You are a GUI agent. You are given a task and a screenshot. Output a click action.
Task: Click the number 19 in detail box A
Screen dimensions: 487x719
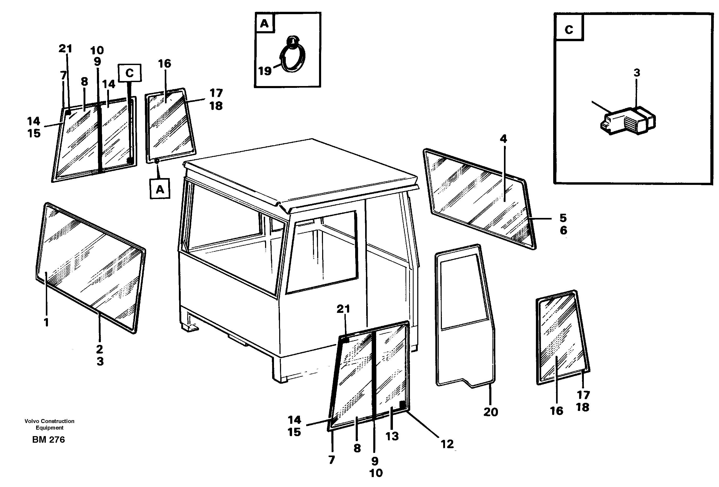[265, 71]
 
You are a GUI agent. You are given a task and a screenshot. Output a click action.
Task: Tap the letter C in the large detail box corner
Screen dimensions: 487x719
[569, 29]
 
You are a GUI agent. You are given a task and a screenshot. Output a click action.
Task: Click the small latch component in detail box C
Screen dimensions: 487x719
[628, 121]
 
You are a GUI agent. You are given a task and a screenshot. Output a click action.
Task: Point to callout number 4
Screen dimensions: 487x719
[503, 139]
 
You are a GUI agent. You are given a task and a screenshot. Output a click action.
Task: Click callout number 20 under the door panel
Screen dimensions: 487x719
[491, 412]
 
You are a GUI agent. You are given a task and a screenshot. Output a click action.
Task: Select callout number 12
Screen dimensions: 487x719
[447, 444]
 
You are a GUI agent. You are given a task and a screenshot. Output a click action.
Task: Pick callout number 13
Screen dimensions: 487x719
[392, 436]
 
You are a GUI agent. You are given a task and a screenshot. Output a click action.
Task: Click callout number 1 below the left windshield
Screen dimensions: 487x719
[46, 322]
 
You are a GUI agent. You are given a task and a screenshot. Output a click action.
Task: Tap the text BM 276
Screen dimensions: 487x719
[48, 440]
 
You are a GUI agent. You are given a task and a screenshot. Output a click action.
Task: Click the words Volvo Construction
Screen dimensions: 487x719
[50, 421]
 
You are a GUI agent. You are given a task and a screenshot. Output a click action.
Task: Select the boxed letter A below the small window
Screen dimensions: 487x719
[160, 189]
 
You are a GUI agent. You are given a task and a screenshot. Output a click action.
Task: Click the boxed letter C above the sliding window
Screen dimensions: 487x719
[130, 73]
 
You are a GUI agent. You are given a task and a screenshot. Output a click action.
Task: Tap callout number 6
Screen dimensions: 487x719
[563, 230]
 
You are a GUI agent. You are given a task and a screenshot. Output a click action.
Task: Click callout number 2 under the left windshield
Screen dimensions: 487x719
[99, 349]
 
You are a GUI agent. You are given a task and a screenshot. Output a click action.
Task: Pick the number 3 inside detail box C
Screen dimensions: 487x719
[637, 73]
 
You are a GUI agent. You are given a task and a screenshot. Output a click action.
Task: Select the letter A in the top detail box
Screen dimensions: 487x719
[264, 23]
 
